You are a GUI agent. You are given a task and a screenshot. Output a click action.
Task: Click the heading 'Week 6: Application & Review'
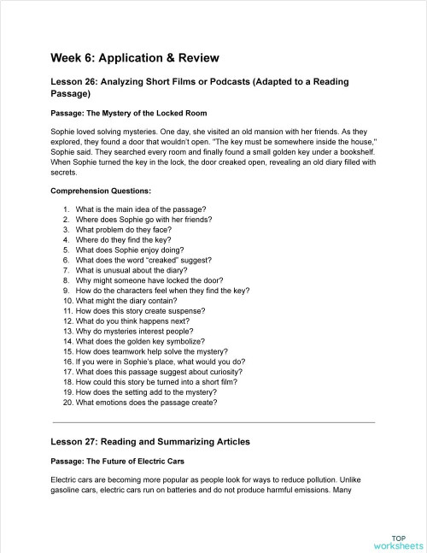(x=135, y=58)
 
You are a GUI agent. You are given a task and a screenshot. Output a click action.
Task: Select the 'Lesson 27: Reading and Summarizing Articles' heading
(x=150, y=442)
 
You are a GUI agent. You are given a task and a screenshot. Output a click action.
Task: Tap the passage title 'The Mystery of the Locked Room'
(x=128, y=113)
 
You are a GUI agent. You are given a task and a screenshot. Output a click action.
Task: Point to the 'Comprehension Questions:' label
(x=101, y=191)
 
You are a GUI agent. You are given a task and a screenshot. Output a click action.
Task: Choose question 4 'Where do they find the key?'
(x=125, y=240)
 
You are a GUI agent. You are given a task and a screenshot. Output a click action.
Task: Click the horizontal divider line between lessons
(x=213, y=422)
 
